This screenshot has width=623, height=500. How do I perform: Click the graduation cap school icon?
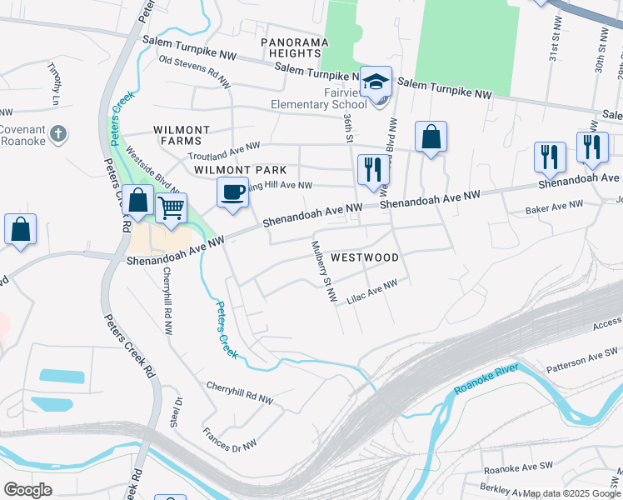[x=376, y=82]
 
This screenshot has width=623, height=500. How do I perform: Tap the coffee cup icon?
[x=233, y=192]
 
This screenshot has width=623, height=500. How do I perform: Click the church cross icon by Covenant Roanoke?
[x=57, y=132]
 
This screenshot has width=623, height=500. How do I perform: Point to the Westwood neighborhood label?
[x=364, y=257]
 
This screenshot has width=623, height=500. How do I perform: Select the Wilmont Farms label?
[x=182, y=136]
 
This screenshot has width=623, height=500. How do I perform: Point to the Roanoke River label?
[x=486, y=379]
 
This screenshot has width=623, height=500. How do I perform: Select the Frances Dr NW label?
[x=230, y=441]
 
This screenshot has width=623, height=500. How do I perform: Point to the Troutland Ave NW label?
[x=224, y=149]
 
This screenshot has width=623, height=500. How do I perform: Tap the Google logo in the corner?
[x=27, y=490]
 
